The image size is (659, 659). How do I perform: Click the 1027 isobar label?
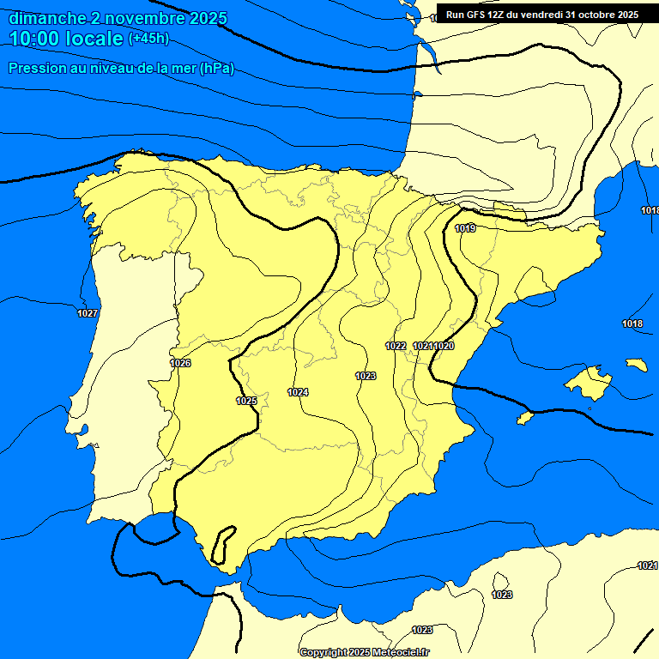[x=88, y=313]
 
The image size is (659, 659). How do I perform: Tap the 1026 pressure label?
[x=180, y=363]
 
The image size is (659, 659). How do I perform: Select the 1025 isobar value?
[x=246, y=401]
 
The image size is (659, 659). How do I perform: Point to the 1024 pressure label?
[x=298, y=392]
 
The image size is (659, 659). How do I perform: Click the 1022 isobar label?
[x=396, y=346]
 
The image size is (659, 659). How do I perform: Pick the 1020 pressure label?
[x=444, y=346]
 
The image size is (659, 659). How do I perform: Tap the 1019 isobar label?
[x=466, y=228]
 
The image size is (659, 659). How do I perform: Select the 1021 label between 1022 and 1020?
[x=422, y=346]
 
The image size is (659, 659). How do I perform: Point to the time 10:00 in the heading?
[x=35, y=39]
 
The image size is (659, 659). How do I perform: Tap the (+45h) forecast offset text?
[x=148, y=39]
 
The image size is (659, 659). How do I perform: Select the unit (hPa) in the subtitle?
[x=216, y=69]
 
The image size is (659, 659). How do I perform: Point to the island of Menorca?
[x=636, y=365]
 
